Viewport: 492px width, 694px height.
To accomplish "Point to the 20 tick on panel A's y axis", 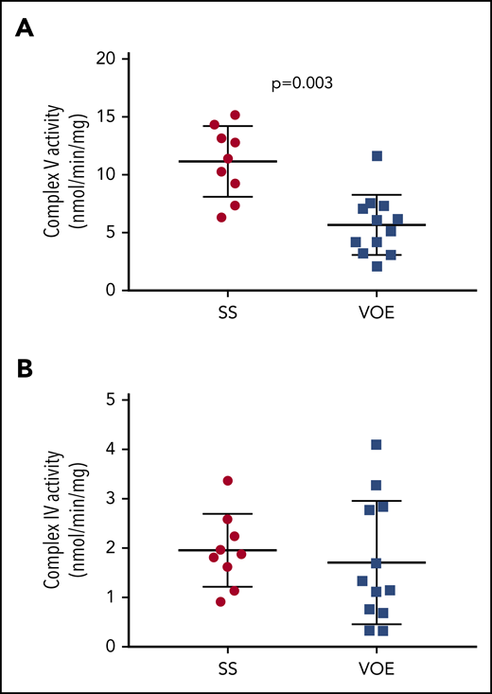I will [115, 59].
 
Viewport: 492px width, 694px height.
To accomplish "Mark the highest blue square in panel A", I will [377, 156].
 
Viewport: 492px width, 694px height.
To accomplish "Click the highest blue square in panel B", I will [377, 445].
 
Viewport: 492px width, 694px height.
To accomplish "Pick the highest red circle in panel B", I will [228, 481].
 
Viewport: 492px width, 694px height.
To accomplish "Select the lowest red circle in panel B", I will [221, 601].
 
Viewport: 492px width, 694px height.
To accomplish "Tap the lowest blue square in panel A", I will [377, 266].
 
